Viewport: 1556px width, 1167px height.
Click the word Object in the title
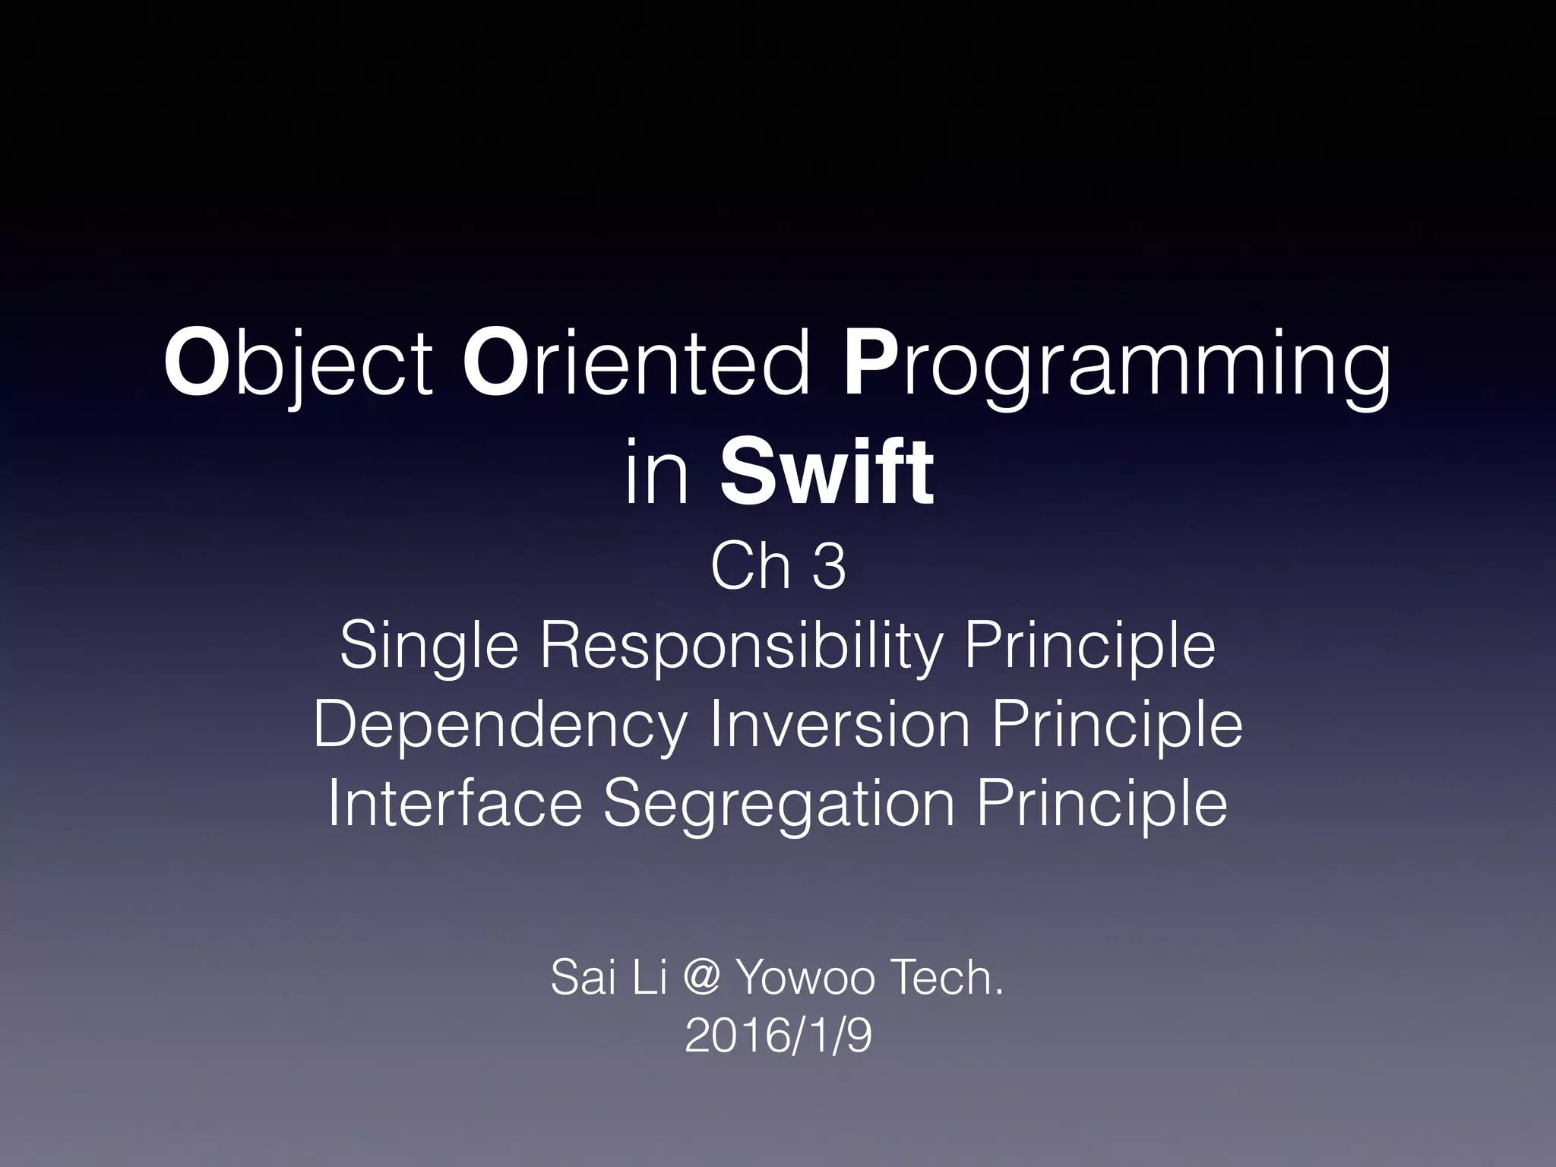coord(298,365)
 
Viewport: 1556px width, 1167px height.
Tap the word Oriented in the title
coord(636,365)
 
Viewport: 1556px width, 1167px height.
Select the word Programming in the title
coord(1117,365)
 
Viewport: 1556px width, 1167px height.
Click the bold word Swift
coord(827,476)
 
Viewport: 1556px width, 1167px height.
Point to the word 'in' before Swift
coord(657,476)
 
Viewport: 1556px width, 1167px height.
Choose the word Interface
coord(455,804)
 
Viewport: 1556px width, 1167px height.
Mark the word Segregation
coord(779,804)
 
